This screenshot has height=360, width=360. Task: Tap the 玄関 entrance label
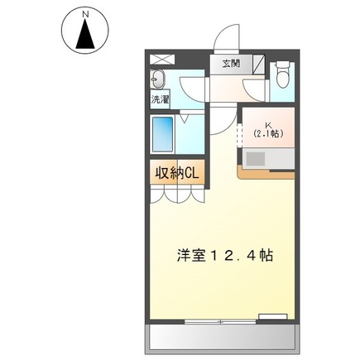pos(230,63)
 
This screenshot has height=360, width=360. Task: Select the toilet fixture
pos(282,76)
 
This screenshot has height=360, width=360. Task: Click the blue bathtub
pos(163,134)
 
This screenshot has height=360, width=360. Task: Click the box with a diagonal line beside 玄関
pos(259,63)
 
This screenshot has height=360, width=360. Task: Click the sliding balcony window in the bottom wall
pos(219,319)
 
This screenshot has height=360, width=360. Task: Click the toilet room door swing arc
pos(255,91)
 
